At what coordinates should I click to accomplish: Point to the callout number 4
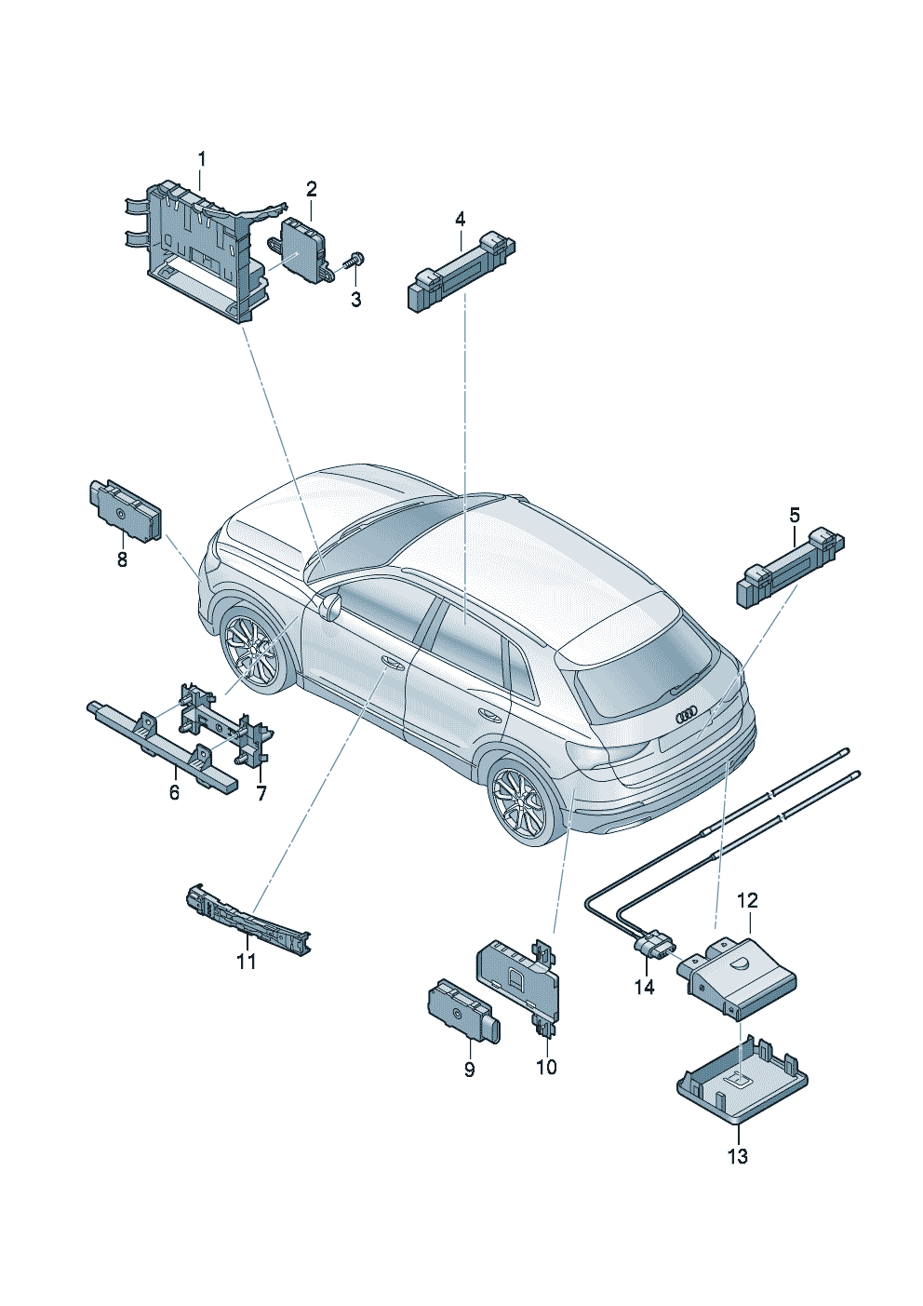(460, 219)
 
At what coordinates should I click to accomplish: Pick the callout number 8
(122, 559)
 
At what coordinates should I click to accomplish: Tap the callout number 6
(174, 793)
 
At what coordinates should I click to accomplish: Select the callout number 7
(261, 793)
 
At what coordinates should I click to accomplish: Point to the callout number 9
(469, 1070)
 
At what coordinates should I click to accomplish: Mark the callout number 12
(747, 900)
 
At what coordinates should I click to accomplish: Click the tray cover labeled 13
(742, 1084)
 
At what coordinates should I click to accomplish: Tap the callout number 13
(737, 1156)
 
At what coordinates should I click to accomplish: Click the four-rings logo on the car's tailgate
(687, 714)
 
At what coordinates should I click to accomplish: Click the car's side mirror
(330, 607)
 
